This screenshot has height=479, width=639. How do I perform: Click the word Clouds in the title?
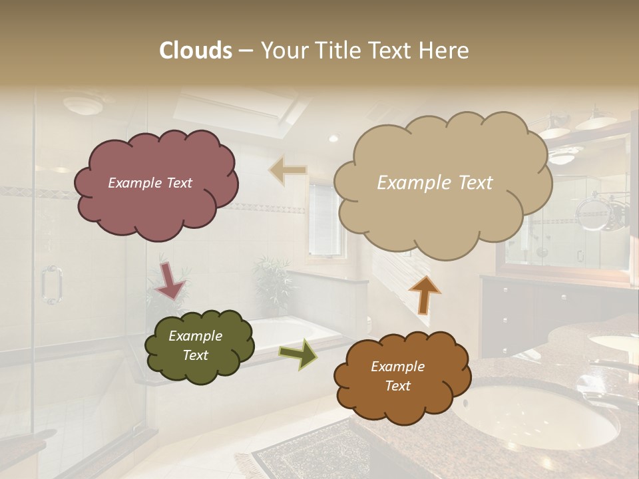196,51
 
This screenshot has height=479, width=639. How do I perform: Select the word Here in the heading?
445,51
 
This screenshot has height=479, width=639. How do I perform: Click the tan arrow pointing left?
288,170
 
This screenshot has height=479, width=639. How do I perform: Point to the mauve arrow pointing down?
170,280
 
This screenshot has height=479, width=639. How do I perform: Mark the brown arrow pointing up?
424,294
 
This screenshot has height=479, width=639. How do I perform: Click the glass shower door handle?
51,285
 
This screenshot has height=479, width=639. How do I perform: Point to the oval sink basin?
536,414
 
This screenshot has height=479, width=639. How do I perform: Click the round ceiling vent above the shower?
82,104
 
